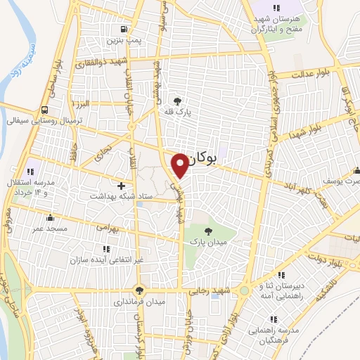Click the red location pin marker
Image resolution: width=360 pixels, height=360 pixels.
pos(181,164)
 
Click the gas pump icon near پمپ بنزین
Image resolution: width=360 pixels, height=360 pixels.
pos(124,29)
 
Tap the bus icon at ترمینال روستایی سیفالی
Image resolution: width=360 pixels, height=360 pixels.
pos(45,110)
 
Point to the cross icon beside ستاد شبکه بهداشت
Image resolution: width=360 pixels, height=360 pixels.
pos(122,186)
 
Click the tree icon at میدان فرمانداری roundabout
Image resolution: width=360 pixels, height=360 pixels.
pos(140,289)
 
